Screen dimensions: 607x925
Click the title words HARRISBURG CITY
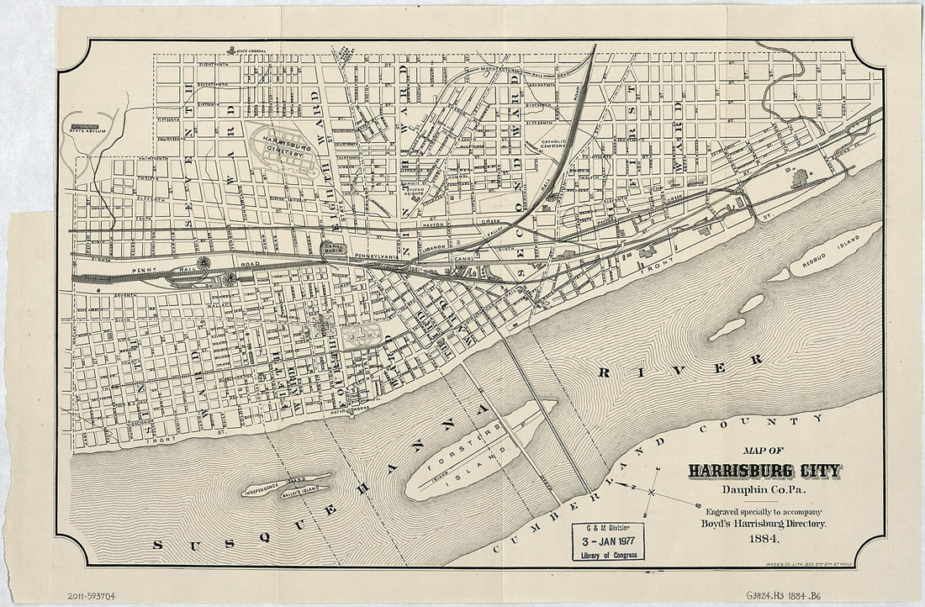[764, 471]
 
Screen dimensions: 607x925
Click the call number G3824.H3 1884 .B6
[781, 596]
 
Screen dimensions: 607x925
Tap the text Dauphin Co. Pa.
[763, 490]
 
